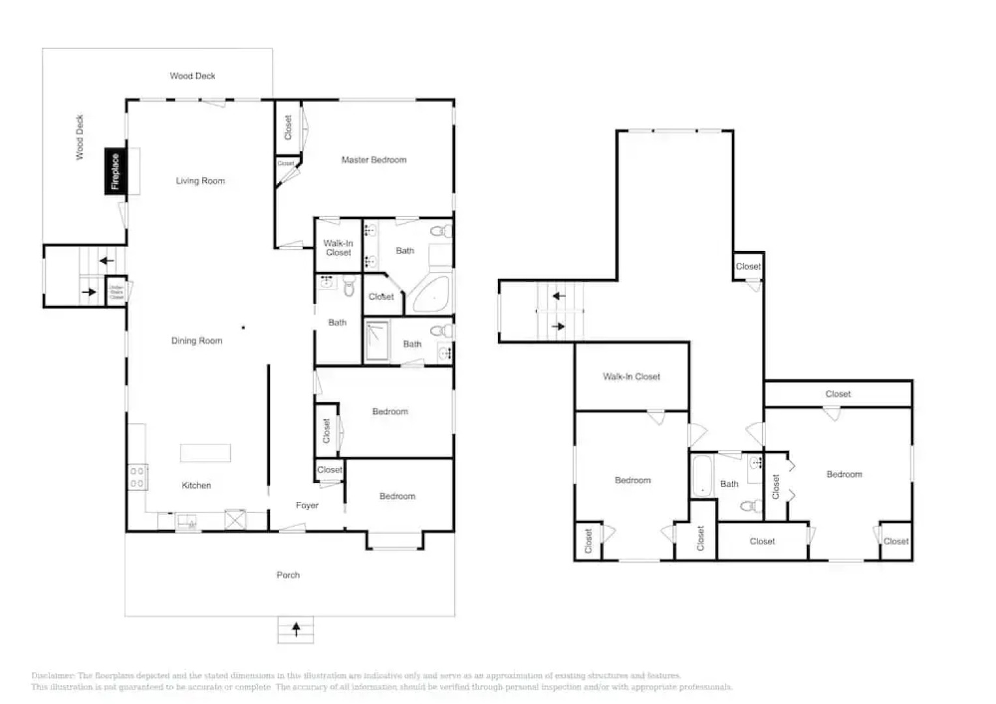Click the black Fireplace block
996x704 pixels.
click(x=115, y=171)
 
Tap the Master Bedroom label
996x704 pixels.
click(x=373, y=160)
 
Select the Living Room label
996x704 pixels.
click(x=200, y=181)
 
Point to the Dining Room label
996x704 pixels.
click(x=196, y=341)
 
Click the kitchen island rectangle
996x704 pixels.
click(x=205, y=453)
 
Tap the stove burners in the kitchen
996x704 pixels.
click(x=138, y=477)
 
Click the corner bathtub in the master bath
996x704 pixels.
click(x=431, y=295)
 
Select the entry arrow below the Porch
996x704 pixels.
click(x=296, y=630)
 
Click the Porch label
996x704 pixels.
click(x=288, y=575)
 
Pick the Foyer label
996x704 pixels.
click(x=307, y=505)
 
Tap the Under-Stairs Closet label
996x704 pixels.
click(x=116, y=291)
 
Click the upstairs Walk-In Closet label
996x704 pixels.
click(x=631, y=377)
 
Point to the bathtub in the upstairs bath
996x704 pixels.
click(x=702, y=475)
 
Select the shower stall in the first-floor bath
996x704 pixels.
click(x=376, y=340)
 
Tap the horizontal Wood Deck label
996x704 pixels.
click(x=192, y=76)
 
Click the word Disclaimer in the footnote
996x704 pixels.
click(x=52, y=676)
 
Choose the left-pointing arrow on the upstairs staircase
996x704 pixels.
click(x=559, y=296)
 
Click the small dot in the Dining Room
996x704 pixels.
click(x=243, y=327)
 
